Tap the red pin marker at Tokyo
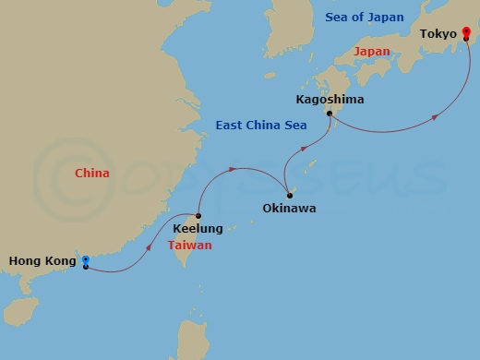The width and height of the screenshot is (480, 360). [466, 32]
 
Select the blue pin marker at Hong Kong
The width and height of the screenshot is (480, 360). [85, 260]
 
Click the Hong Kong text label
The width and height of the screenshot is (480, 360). [42, 261]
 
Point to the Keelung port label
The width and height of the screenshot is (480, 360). [198, 228]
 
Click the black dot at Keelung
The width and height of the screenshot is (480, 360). [199, 216]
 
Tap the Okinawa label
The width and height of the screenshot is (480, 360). [288, 209]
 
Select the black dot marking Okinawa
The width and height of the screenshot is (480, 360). [289, 196]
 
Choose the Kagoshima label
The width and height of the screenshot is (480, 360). [330, 99]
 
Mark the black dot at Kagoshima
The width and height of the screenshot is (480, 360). [329, 114]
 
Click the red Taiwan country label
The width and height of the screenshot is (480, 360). [190, 246]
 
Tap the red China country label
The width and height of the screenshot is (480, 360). [92, 174]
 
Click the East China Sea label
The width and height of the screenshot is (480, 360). [260, 125]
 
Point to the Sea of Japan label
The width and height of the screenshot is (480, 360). [365, 18]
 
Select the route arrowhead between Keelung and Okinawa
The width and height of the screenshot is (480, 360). [234, 169]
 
